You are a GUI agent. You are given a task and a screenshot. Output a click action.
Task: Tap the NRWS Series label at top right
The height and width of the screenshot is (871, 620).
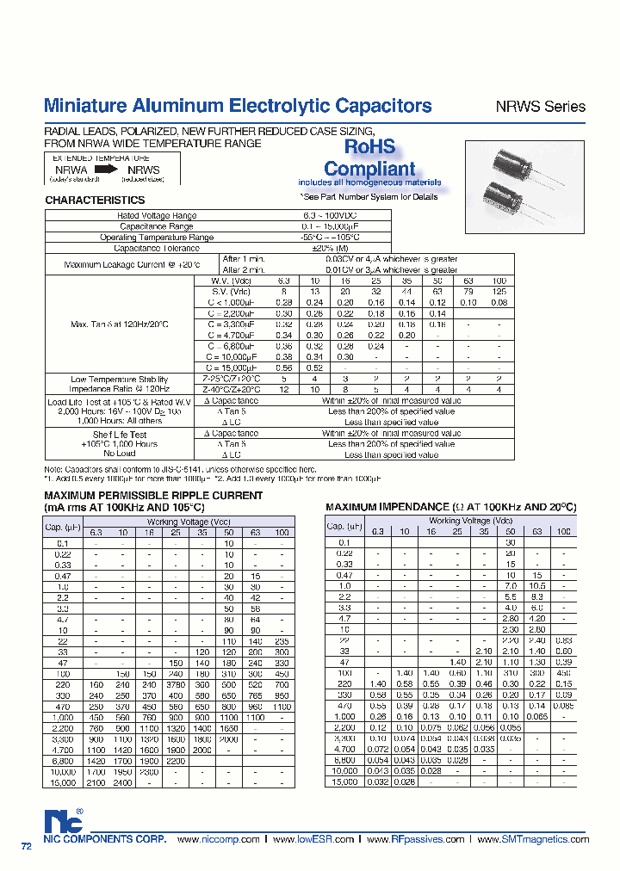(x=540, y=108)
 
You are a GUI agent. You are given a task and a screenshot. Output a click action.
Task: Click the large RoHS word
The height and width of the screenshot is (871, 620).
(x=369, y=147)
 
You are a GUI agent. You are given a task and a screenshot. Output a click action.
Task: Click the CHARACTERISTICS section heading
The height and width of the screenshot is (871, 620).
(x=95, y=200)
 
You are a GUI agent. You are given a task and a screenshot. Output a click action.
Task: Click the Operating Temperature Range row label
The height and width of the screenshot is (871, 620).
(x=157, y=237)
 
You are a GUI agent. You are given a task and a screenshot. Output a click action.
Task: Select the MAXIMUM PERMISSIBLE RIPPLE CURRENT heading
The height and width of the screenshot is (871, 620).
(x=152, y=496)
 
